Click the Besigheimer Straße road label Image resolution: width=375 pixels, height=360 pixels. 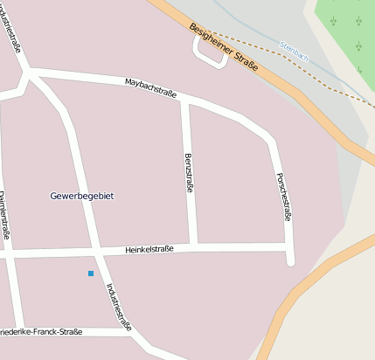click(x=224, y=49)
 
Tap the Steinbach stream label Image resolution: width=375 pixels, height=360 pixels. click(x=294, y=52)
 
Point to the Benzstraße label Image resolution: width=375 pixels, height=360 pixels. click(x=188, y=172)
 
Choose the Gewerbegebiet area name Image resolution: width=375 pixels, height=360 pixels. click(x=82, y=196)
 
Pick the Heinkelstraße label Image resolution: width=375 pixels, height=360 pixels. click(x=149, y=250)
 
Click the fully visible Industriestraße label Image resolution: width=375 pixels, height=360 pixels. click(x=118, y=306)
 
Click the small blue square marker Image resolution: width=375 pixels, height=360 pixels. click(x=90, y=273)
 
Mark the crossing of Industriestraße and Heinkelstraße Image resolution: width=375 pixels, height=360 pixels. click(x=94, y=253)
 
